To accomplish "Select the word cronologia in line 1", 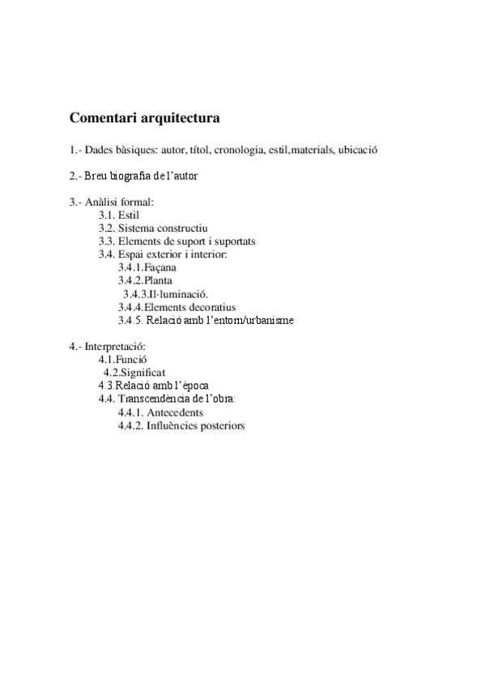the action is point(240,150).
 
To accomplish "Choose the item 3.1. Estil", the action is point(118,215).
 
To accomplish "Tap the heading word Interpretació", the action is point(117,346).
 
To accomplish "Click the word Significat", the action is point(143,372).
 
